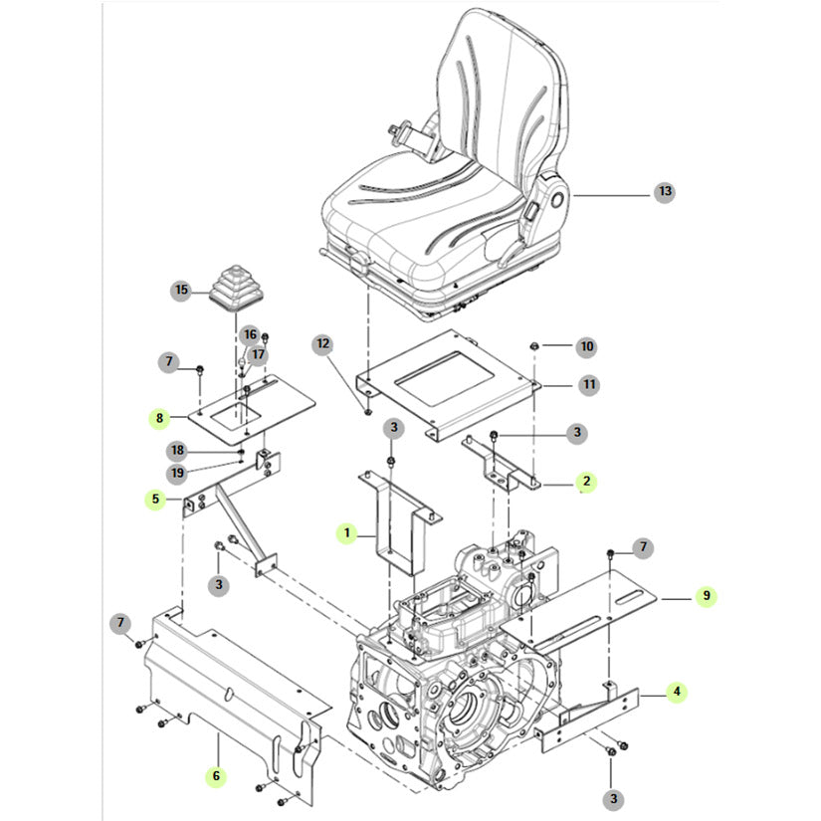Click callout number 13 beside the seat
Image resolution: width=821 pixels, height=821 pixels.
coord(665,191)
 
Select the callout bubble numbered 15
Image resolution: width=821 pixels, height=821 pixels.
coord(181,291)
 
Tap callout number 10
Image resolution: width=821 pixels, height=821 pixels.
coord(587,346)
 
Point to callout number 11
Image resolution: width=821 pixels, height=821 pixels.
coord(589,383)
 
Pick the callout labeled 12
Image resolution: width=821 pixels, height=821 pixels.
coord(322,344)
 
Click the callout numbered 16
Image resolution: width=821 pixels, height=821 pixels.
coord(250,334)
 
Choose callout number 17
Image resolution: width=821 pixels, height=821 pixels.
coord(258,353)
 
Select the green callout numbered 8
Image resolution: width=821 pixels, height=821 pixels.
coord(160,418)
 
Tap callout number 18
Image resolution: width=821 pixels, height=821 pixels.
coord(176,451)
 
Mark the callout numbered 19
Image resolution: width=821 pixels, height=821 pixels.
coord(176,472)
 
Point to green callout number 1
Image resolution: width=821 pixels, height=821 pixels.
coord(347,534)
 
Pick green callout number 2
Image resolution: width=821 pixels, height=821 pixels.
coord(587,482)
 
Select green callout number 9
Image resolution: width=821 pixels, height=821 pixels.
coord(706,597)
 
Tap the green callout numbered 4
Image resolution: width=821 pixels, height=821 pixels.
coord(676,692)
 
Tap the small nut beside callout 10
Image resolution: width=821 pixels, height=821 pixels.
coord(535,345)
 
